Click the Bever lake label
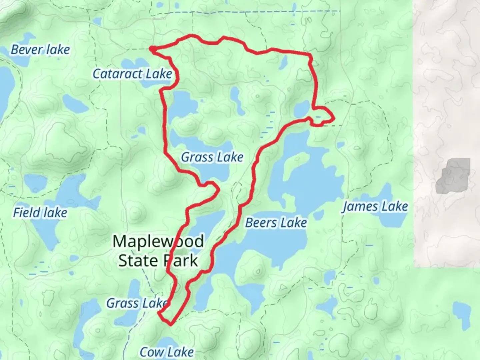point(40,50)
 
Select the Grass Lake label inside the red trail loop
point(212,157)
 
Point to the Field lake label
point(40,213)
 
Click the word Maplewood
point(158,241)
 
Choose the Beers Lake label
point(276,223)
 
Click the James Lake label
point(375,207)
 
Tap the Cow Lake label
point(166,352)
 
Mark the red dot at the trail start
point(152,49)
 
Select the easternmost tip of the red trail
point(333,118)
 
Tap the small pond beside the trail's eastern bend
point(302,108)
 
